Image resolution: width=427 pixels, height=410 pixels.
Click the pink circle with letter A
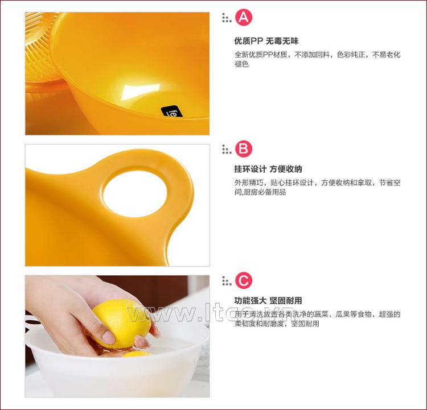click(x=244, y=18)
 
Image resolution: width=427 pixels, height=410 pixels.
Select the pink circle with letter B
click(x=244, y=149)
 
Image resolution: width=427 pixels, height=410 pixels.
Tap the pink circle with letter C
click(x=244, y=280)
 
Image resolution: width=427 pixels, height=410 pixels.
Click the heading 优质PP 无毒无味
click(x=266, y=41)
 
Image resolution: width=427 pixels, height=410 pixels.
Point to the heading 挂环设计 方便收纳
click(x=268, y=169)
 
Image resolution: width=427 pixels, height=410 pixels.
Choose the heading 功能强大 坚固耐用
click(x=268, y=301)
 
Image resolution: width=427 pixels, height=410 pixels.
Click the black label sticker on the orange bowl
click(x=172, y=111)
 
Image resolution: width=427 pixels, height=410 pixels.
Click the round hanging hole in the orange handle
click(x=135, y=194)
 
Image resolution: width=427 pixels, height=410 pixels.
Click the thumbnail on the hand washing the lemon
click(x=108, y=338)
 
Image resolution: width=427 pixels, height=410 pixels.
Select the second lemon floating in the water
click(x=138, y=354)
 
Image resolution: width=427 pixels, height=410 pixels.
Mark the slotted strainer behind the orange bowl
click(x=41, y=46)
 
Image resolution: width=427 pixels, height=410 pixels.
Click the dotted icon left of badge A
click(x=227, y=18)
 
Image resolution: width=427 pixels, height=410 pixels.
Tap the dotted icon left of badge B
click(x=227, y=150)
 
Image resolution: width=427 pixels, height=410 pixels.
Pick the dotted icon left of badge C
click(x=227, y=281)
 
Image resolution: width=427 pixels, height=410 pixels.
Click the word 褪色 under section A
click(x=241, y=64)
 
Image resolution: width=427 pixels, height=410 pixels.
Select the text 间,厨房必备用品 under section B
click(x=260, y=192)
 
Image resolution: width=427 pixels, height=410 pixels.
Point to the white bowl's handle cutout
click(x=32, y=322)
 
